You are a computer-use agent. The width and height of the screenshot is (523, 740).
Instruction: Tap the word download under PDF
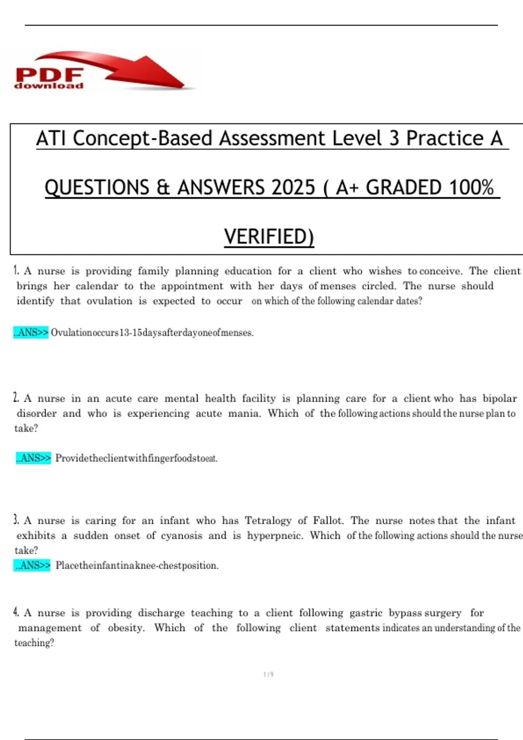tap(48, 86)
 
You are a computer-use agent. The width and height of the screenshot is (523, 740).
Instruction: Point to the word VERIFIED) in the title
tap(269, 237)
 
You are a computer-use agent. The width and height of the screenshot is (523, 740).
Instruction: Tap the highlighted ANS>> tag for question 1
tap(31, 333)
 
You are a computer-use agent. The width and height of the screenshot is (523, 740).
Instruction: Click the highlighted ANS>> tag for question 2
tap(34, 458)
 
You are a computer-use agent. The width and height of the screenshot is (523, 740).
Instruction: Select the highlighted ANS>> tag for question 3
tap(32, 565)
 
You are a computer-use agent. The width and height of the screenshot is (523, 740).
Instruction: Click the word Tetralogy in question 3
tap(268, 521)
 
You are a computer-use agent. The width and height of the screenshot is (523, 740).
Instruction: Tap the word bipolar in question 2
tap(499, 398)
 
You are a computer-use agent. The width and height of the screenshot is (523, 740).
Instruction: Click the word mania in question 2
tap(245, 413)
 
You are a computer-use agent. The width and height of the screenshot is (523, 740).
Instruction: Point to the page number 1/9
tap(268, 675)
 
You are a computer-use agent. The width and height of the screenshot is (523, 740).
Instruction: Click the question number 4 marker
tap(16, 612)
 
